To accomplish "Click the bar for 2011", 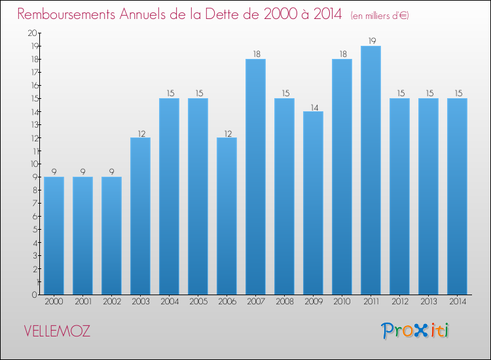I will click(371, 170).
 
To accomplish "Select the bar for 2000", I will click(54, 236).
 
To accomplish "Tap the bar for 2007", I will click(255, 177).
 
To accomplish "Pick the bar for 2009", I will click(313, 203).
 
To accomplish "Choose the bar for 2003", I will click(140, 216).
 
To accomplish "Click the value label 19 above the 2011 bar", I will click(371, 41).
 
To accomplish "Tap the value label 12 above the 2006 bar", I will click(227, 133).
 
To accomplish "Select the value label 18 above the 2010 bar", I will click(342, 54).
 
